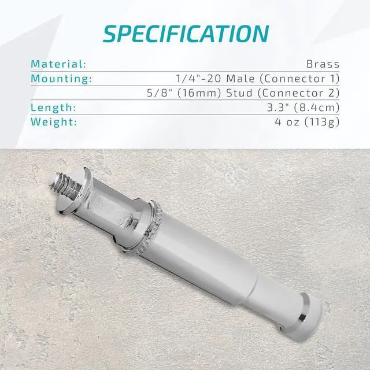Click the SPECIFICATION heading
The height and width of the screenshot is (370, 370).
click(185, 33)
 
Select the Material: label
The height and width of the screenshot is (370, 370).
click(58, 64)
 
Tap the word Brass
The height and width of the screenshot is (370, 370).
click(324, 64)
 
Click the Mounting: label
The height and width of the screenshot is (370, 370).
click(61, 78)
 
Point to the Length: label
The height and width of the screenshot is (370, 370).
click(53, 108)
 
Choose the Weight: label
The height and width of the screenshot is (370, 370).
click(53, 122)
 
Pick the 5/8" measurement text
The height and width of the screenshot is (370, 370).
click(159, 92)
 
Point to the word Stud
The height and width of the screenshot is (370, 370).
click(240, 92)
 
